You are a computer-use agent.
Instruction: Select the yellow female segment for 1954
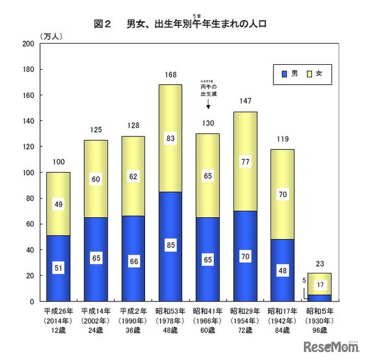(x=245, y=162)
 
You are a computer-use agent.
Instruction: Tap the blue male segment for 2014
(x=58, y=268)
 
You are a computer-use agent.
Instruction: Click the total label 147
(x=245, y=101)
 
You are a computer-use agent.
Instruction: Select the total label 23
(x=319, y=264)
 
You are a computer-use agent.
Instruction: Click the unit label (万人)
(x=52, y=36)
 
